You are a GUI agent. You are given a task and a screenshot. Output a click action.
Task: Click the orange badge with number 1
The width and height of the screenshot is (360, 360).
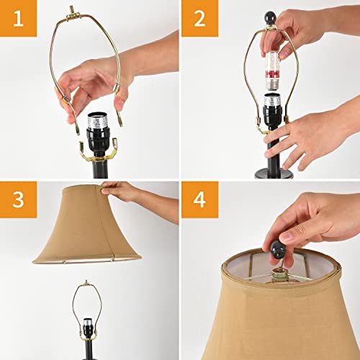17,19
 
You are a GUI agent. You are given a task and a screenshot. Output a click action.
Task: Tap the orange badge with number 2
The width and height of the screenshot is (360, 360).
199,19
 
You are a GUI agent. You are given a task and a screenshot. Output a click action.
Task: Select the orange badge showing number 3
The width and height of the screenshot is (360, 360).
17,200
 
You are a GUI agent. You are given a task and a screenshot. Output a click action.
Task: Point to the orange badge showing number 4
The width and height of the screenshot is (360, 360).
199,200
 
